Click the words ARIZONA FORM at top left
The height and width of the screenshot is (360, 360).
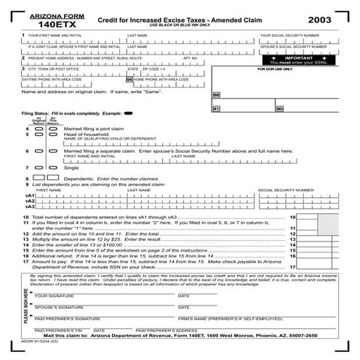[46, 15]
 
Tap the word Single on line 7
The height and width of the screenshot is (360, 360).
[71, 167]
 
